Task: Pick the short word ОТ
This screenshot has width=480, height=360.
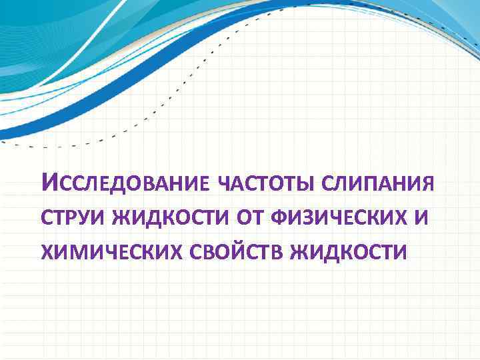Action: [x=252, y=217]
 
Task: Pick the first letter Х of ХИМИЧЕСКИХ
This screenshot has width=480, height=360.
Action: [x=48, y=252]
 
